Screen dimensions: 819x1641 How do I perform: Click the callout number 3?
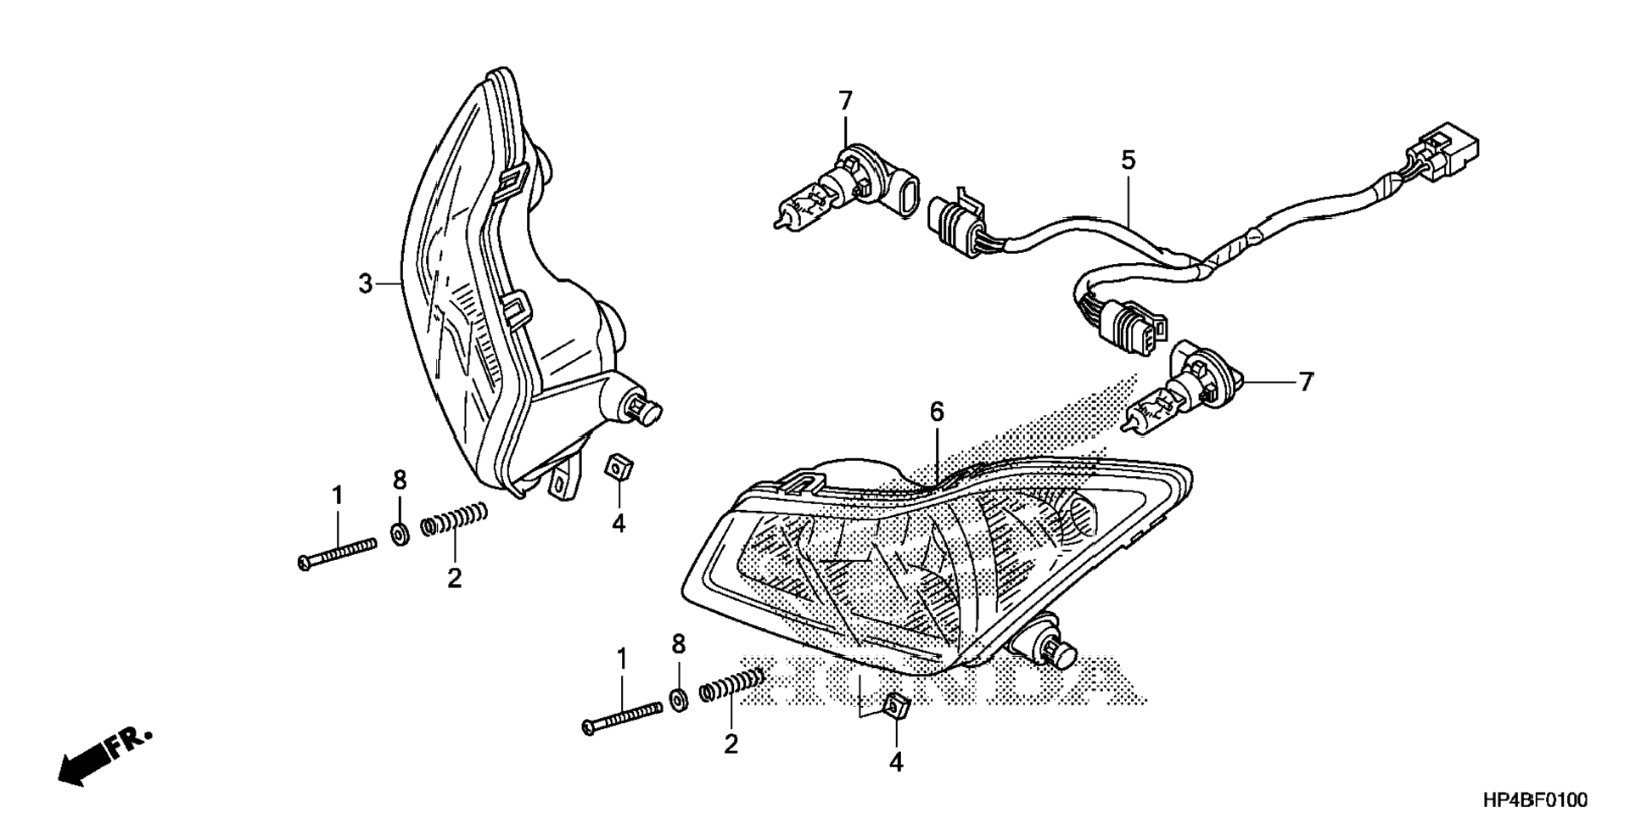(365, 283)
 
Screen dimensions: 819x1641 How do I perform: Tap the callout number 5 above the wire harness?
(1128, 160)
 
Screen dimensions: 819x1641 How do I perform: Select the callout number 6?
(936, 412)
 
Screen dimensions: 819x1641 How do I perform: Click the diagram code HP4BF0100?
(1535, 799)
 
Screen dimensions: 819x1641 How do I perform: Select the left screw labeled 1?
(338, 553)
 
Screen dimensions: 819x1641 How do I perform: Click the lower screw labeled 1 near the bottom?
(622, 717)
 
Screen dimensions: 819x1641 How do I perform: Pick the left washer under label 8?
(398, 534)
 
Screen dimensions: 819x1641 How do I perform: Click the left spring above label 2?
(455, 519)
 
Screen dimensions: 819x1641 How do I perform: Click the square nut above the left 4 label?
(617, 467)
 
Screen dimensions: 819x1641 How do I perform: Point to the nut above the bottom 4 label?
(898, 707)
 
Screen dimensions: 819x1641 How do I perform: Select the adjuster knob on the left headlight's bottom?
(645, 409)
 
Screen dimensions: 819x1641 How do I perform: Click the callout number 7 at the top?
(845, 102)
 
